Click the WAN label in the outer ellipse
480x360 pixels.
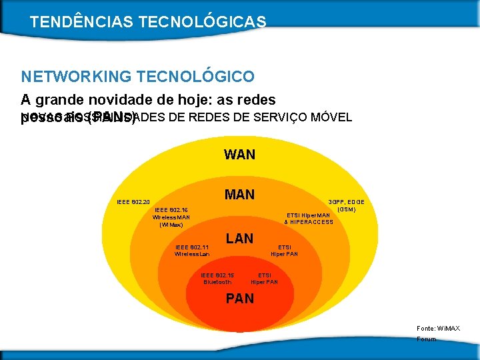[239, 155]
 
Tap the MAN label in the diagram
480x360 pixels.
[239, 195]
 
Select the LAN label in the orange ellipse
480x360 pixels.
[239, 239]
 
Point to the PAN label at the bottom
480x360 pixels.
[239, 299]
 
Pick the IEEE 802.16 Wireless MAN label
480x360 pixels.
[171, 217]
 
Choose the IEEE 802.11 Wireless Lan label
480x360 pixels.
[192, 250]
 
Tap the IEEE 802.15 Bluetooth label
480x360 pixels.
[217, 278]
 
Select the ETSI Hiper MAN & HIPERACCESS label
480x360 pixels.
[308, 218]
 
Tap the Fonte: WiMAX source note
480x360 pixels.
[437, 329]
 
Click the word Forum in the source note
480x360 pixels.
[426, 339]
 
